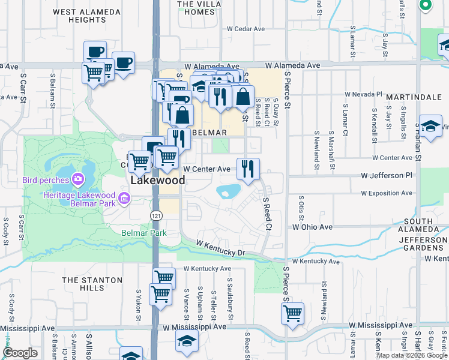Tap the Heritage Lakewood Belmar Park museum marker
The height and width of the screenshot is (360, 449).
[x=124, y=197]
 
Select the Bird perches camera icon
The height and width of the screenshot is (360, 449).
[x=78, y=179]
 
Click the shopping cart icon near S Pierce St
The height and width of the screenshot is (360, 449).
[x=292, y=313]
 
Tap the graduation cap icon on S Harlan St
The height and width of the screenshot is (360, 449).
[x=430, y=125]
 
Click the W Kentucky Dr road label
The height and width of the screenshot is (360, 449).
[x=221, y=248]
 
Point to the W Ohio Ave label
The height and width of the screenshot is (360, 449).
[x=312, y=227]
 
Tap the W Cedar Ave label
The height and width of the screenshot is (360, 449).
[x=246, y=29]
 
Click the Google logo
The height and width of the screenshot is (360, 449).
[x=20, y=353]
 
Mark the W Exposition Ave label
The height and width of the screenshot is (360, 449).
[x=387, y=193]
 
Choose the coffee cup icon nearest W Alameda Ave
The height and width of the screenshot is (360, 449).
[x=123, y=62]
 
